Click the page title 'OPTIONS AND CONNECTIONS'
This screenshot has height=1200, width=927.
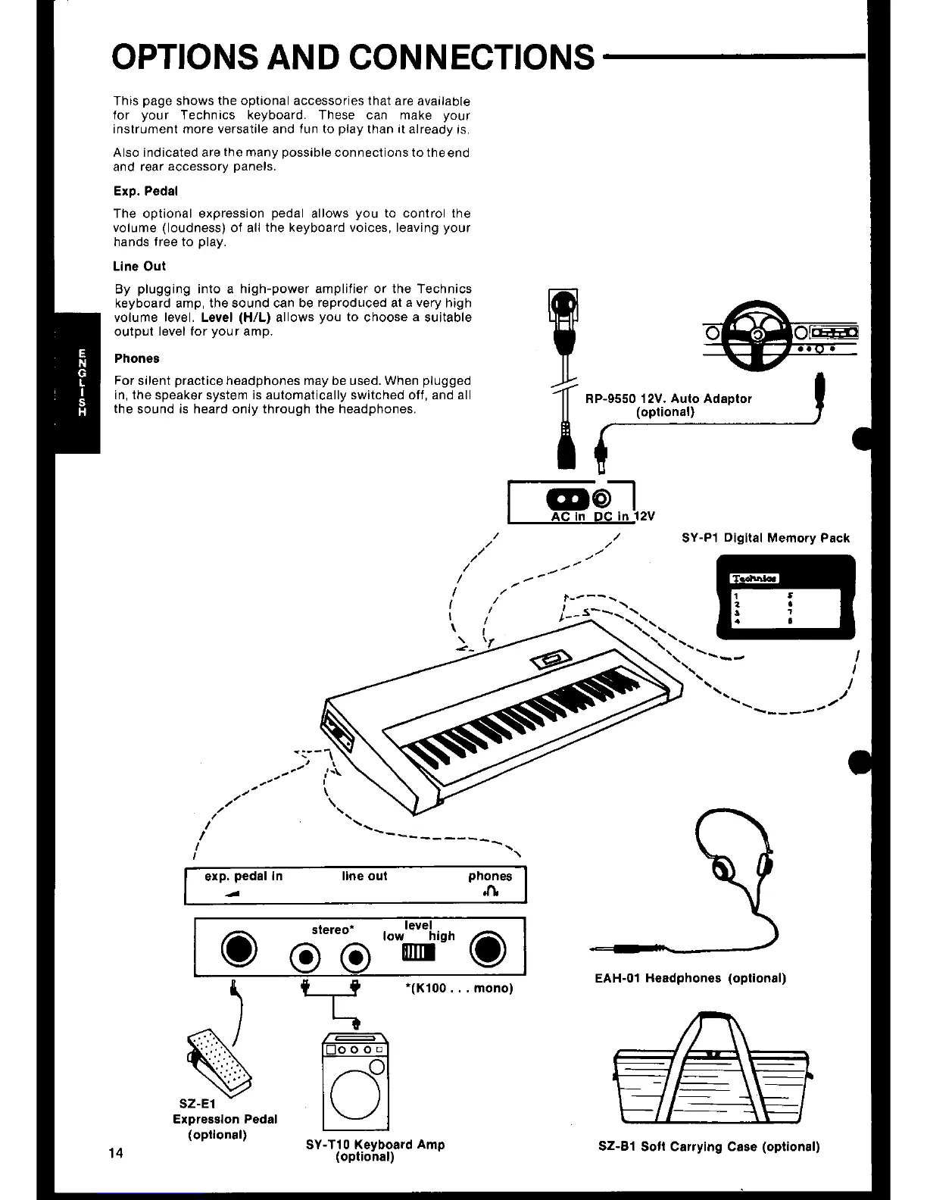353,56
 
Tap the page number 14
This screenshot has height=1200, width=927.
116,1153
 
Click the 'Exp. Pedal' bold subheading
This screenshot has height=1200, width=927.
145,191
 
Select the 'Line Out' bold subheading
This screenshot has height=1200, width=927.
139,266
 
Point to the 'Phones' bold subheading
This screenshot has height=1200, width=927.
137,358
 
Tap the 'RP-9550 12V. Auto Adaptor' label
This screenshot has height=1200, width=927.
669,398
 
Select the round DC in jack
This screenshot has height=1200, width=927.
602,498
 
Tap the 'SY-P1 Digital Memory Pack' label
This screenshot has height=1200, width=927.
766,538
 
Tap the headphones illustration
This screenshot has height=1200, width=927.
738,856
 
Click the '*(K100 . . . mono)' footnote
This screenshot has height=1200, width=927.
460,988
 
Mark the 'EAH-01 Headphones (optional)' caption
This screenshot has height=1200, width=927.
691,978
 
